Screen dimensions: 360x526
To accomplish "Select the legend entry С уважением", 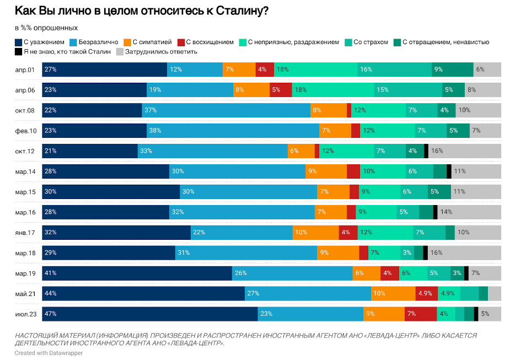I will pos(41,42).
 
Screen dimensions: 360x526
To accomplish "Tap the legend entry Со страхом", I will pos(371,42).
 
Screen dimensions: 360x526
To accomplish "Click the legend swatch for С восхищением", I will pos(183,42).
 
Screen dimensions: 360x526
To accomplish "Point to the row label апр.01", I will pos(25,69).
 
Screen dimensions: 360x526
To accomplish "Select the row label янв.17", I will pos(25,233).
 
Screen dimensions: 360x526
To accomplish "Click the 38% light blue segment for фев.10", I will pos(233,131).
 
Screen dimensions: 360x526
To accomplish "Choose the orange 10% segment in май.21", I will pos(393,293).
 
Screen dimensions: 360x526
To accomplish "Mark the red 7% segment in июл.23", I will pos(420,314).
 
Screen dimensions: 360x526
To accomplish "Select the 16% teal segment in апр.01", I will pos(394,69).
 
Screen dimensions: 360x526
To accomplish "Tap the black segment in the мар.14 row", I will pos(449,171).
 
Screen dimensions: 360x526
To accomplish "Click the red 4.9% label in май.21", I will pos(425,293).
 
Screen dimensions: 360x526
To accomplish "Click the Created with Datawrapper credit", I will pos(49,353).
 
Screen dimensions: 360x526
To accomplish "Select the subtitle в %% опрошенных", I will pos(46,28).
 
